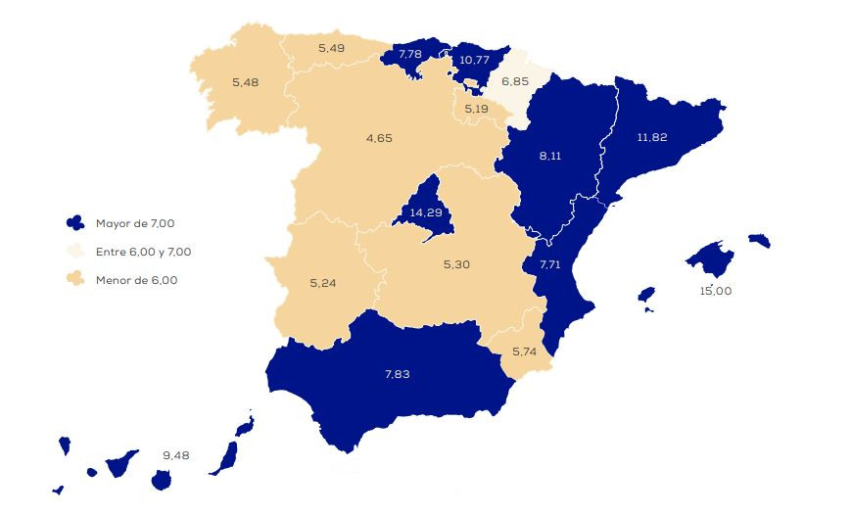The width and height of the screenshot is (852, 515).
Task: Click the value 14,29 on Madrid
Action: pos(425,211)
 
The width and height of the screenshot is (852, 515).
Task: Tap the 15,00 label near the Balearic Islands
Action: pos(715,291)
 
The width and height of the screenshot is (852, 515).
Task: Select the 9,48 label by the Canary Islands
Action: pos(176,454)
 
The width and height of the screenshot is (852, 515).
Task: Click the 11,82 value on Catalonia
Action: pos(651,137)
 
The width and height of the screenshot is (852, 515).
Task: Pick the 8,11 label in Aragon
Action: pos(550,155)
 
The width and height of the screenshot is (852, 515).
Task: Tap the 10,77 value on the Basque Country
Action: pos(474,60)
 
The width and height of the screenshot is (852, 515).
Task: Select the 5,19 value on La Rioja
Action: pos(477,108)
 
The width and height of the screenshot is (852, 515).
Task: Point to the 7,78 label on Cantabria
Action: pos(408,54)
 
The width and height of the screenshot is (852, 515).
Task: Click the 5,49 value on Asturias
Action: pos(332,47)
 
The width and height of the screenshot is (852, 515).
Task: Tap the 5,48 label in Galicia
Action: pos(245,81)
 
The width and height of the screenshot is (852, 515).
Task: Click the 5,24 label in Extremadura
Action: pos(322,283)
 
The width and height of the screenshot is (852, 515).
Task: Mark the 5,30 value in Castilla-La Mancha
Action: pos(456,264)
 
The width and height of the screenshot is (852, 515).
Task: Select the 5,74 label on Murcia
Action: pos(525,351)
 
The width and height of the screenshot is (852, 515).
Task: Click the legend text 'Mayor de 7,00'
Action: pos(136,224)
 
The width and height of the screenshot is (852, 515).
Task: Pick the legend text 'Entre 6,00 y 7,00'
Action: pos(143,252)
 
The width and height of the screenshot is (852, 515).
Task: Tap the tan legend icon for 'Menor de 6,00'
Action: pos(74,280)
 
